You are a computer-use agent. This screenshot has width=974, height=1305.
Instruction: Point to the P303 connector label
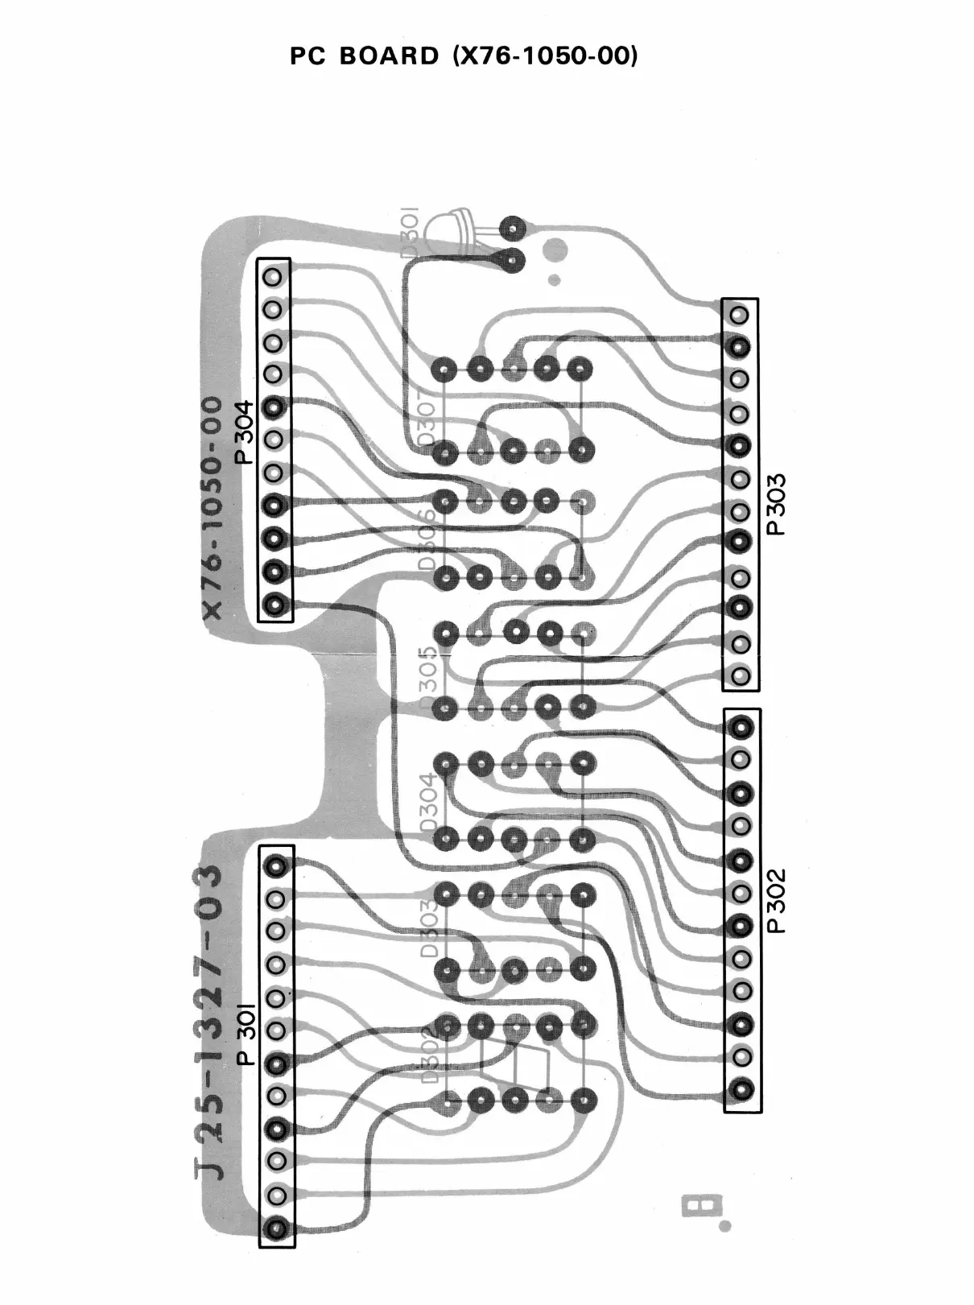pos(776,504)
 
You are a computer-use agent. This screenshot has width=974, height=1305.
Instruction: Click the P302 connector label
pos(776,900)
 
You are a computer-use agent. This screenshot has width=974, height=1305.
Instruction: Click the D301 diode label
pos(410,232)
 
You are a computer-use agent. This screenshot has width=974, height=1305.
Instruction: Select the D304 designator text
pos(428,802)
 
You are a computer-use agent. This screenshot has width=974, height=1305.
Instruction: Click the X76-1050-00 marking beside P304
pos(212,507)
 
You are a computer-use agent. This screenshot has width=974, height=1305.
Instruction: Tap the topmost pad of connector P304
pos(274,276)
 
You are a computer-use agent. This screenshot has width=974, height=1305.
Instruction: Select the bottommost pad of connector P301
pos(277,1229)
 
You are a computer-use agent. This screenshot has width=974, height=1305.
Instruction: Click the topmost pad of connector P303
pos(740,315)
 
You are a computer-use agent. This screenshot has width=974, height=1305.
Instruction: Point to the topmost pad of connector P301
pos(276,866)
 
